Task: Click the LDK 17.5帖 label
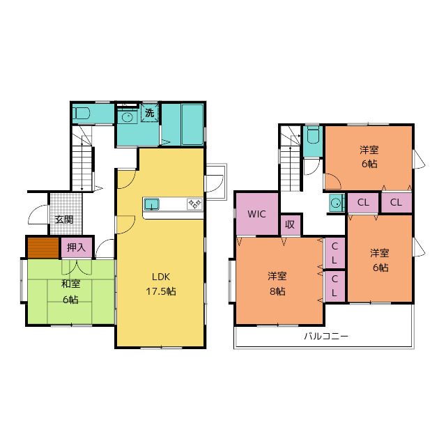pos(161,284)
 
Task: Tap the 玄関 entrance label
pos(64,220)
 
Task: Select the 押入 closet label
pos(76,247)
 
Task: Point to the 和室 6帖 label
pos(71,291)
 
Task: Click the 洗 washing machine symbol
pos(150,113)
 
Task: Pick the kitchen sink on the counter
pos(151,204)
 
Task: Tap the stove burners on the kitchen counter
pos(194,204)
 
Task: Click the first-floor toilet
pos(82,114)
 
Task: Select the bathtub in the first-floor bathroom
pos(192,125)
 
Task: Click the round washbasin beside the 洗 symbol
pos(128,116)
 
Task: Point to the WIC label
pos(256,214)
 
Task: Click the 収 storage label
pos(290,224)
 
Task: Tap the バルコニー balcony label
pos(326,337)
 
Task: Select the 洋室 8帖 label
pos(277,284)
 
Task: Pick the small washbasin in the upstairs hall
pos(337,203)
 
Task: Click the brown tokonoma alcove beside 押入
pos(43,248)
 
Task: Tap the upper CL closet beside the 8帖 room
pos(334,253)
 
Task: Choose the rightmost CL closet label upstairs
pos(396,202)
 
